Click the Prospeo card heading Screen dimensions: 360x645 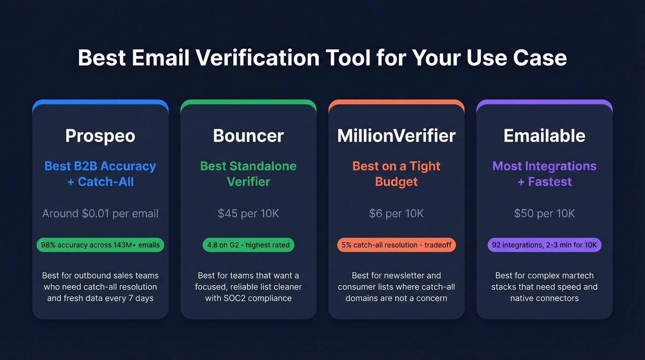(x=100, y=136)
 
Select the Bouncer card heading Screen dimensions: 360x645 (x=248, y=136)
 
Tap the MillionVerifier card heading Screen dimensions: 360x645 (x=396, y=136)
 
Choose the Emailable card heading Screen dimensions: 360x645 (x=544, y=136)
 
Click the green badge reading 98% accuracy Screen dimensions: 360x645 (x=100, y=245)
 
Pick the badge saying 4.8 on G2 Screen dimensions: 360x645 (x=248, y=245)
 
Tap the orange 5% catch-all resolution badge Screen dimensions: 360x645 (x=396, y=245)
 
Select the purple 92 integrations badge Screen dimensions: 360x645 (x=544, y=245)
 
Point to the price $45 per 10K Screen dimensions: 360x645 (x=248, y=213)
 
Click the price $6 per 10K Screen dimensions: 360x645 (x=396, y=213)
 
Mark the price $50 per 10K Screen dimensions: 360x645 (x=544, y=213)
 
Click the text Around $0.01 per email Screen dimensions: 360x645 (x=100, y=213)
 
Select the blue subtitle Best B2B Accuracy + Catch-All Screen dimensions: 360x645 (x=100, y=174)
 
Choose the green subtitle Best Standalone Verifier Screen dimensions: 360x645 (x=248, y=174)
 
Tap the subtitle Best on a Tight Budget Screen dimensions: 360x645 (x=396, y=174)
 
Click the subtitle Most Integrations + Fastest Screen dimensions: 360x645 (x=544, y=174)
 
